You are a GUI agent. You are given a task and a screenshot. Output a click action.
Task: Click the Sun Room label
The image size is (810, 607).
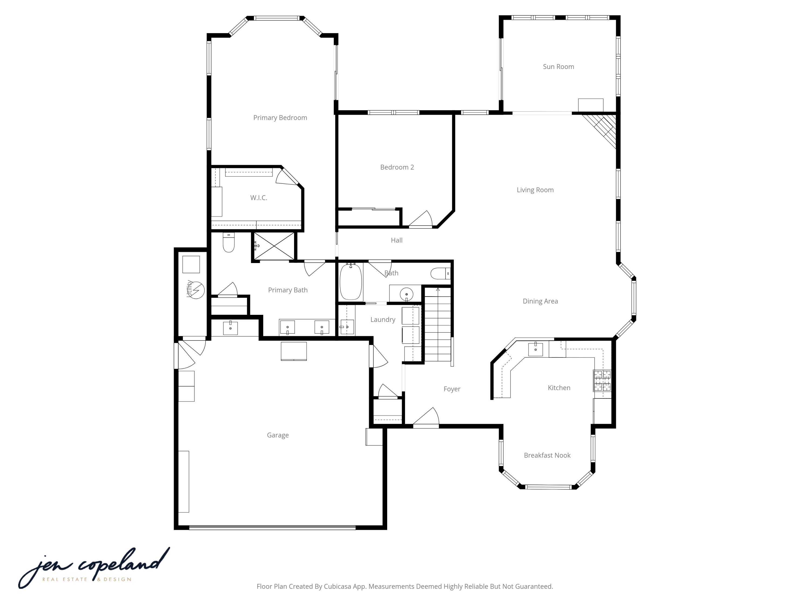(558, 67)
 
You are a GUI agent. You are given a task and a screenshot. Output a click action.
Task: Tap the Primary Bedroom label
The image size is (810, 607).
(280, 117)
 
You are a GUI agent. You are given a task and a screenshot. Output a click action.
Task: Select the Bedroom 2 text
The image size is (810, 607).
(397, 167)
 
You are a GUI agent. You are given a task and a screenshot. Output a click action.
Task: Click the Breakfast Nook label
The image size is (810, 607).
(547, 455)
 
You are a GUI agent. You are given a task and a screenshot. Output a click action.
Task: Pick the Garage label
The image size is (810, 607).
(278, 435)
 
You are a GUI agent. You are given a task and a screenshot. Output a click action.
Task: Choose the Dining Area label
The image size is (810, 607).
(540, 301)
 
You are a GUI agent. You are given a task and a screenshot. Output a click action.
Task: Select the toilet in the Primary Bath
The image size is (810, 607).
(228, 243)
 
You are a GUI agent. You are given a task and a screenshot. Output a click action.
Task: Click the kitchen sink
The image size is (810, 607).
(535, 349)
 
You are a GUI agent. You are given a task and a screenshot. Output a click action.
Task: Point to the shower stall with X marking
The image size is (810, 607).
(274, 246)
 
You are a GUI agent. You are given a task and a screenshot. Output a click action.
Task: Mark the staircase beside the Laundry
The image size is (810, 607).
(438, 326)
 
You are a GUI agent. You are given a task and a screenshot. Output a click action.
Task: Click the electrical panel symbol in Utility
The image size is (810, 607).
(197, 290)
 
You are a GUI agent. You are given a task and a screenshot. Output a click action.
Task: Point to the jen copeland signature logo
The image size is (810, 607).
(93, 567)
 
